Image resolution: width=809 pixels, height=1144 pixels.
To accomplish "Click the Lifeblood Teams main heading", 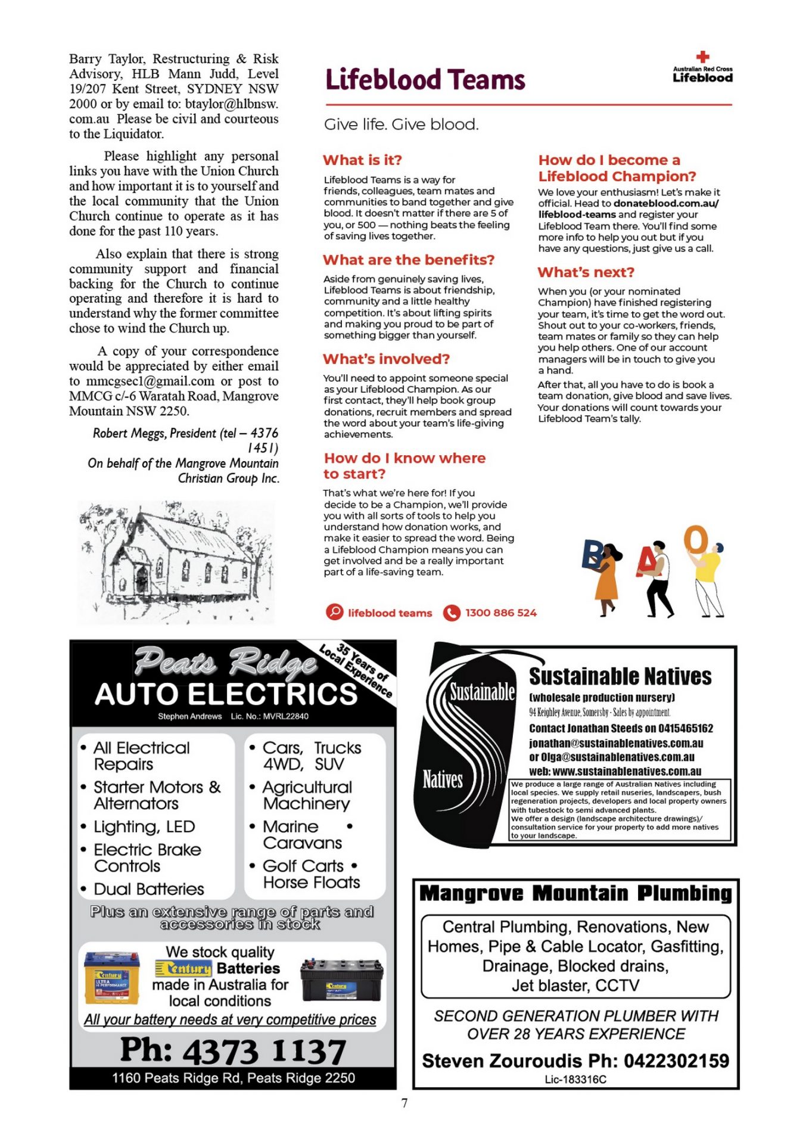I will (425, 80).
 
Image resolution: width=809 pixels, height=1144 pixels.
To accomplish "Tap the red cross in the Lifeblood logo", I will (703, 57).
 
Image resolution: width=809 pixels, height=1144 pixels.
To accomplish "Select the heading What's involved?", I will (386, 359).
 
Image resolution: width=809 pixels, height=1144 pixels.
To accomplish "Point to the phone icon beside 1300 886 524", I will (452, 613).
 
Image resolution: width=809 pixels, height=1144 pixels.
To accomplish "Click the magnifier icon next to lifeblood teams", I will (335, 612).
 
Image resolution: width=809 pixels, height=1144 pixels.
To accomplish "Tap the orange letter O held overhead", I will (695, 540).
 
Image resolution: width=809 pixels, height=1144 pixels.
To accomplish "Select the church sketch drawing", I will (176, 562).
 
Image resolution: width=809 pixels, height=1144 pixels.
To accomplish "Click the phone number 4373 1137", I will (264, 1051).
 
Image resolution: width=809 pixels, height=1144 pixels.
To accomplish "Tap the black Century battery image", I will (341, 979).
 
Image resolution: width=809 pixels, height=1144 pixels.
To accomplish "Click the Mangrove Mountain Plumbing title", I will (575, 894).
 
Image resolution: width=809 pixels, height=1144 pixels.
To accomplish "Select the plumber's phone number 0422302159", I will (676, 1061).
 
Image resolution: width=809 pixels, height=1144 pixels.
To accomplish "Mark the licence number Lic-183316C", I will (575, 1079).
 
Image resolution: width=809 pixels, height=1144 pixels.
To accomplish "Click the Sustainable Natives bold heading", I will (620, 677).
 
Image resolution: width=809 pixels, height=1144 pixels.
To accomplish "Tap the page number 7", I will (404, 1103).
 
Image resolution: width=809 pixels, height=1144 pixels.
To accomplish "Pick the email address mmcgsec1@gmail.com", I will (150, 381).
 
